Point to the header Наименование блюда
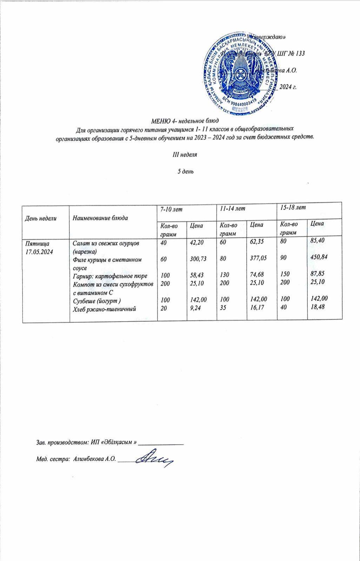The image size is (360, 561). point(100,218)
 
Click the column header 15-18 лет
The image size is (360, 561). point(291,207)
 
